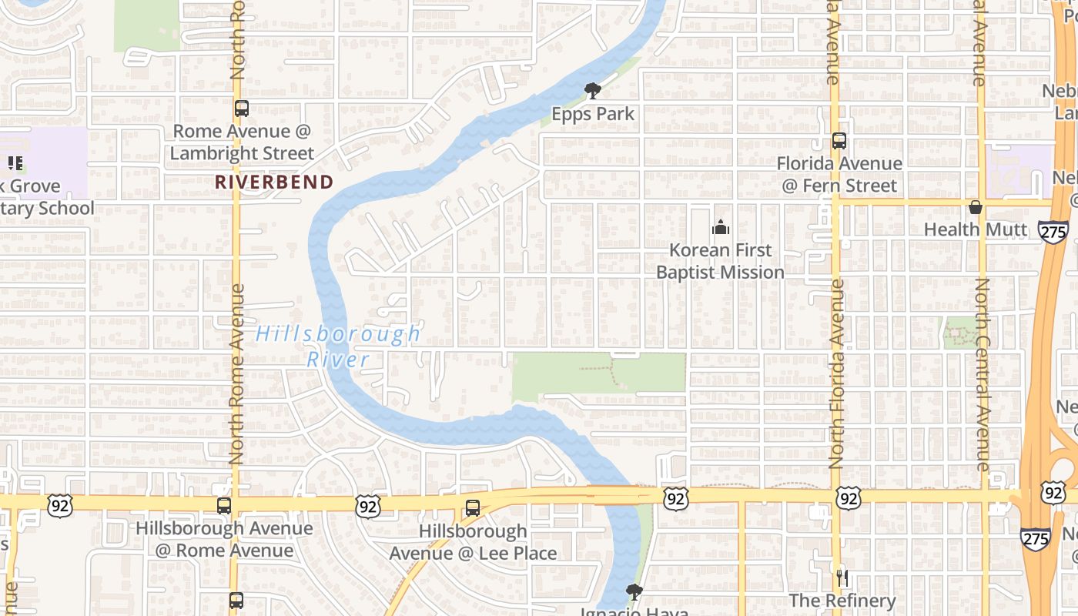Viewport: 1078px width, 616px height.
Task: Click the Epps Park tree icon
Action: [x=593, y=92]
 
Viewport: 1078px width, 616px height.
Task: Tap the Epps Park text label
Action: [x=593, y=114]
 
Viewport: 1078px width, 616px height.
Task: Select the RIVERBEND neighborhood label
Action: [x=273, y=182]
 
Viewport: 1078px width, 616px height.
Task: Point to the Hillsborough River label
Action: [x=339, y=346]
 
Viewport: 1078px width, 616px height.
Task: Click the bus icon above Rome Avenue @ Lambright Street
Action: [x=242, y=109]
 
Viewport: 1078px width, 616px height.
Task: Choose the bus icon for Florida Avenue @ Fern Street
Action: [x=839, y=141]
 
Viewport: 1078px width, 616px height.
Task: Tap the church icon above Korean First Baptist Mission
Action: [x=721, y=227]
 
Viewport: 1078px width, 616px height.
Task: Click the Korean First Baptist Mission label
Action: [x=721, y=261]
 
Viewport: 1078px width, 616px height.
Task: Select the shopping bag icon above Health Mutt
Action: [x=976, y=207]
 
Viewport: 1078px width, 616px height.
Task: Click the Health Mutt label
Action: [x=976, y=229]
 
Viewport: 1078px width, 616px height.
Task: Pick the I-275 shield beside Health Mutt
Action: [x=1053, y=232]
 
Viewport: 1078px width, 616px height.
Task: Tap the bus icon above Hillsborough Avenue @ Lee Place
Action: [x=473, y=508]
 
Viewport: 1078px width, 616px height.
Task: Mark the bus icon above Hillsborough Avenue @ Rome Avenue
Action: [x=224, y=506]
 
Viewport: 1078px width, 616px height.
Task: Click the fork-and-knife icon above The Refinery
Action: [x=842, y=577]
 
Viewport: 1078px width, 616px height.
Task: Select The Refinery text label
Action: [x=842, y=601]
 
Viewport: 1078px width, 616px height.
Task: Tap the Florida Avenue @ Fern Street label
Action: [x=839, y=175]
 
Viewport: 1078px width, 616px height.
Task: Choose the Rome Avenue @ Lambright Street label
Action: [x=242, y=142]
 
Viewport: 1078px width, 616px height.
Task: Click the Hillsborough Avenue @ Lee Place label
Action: [x=473, y=542]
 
